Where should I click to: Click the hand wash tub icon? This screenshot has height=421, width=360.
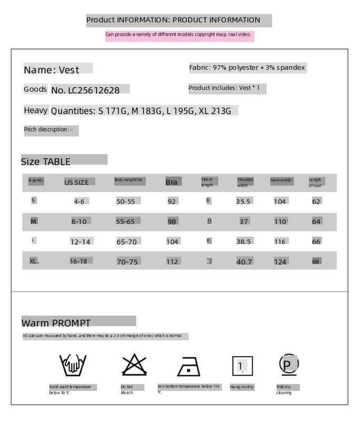[73, 365]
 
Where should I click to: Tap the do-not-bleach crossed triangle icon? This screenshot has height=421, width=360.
[134, 365]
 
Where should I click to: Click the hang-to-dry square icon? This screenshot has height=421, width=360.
[242, 366]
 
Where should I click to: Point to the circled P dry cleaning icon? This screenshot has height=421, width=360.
[288, 364]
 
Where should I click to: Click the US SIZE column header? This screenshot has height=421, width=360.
[77, 182]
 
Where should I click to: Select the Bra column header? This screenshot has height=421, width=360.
[172, 182]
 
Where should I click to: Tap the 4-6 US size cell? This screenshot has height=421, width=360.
[79, 202]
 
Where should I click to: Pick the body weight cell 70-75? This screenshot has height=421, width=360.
[127, 262]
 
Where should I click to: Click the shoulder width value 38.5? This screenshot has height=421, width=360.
[244, 242]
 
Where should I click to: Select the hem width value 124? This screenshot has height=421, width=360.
[280, 262]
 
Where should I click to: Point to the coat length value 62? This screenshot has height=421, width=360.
[316, 202]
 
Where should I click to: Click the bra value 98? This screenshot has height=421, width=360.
[172, 222]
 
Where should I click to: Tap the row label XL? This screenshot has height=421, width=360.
[34, 261]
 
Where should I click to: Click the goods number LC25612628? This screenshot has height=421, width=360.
[86, 90]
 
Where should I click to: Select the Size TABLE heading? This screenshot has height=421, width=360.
[46, 162]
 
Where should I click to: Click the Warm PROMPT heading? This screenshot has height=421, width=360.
[56, 323]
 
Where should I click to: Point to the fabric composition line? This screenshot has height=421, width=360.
[247, 68]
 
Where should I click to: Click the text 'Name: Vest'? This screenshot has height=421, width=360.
[52, 70]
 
